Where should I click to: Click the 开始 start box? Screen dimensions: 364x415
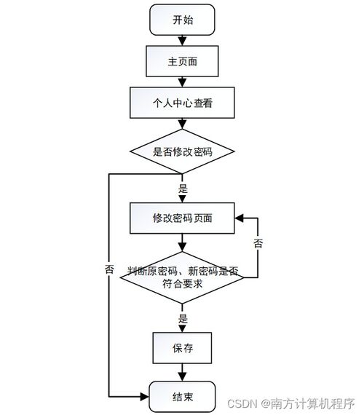click(182, 20)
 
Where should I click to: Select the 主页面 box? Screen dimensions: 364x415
click(182, 61)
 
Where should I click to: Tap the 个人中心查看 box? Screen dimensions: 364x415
click(182, 103)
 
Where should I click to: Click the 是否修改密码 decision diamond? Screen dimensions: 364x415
click(182, 151)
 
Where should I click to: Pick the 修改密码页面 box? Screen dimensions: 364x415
click(182, 218)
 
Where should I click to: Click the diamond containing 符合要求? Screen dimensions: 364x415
click(182, 277)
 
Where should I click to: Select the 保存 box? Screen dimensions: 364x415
click(182, 348)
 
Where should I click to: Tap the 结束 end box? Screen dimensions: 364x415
click(182, 397)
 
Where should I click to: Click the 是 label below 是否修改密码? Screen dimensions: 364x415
click(183, 189)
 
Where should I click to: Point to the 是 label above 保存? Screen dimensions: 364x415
click(183, 318)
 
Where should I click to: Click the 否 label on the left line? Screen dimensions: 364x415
click(109, 269)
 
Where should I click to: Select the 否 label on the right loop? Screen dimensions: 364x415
click(258, 243)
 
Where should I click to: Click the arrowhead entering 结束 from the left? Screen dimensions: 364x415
click(145, 397)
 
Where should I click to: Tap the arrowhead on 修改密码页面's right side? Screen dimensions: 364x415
click(239, 218)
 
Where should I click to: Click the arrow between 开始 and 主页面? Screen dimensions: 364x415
click(182, 40)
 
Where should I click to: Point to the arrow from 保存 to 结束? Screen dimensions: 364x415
click(182, 372)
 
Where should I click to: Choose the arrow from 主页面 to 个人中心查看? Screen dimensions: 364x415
click(182, 82)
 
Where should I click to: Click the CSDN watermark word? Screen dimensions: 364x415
click(242, 404)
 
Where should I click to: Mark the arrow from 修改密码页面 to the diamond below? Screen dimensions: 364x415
click(182, 242)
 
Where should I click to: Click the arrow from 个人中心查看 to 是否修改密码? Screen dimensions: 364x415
click(182, 124)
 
